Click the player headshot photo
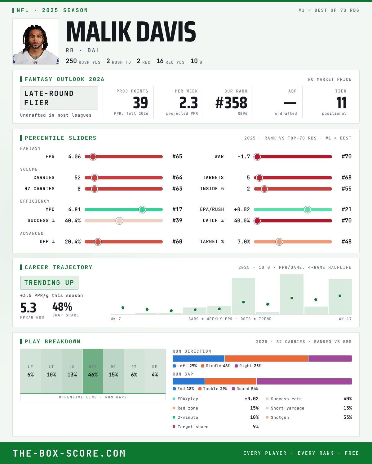pos(36,41)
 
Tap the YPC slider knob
pos(142,210)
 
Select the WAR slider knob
pos(257,157)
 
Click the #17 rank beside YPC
pos(177,209)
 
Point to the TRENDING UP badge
pos(49,283)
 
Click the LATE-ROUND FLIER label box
pos(59,98)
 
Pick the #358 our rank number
pos(231,103)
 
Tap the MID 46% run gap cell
pos(93,371)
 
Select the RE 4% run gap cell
pos(155,371)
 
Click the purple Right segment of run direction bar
pos(330,359)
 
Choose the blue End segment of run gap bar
pos(188,381)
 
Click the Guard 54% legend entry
pos(245,389)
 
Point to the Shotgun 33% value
pos(348,417)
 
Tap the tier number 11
pos(341,103)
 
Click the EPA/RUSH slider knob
pos(308,210)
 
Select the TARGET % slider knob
pos(279,242)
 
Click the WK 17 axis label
pos(345,319)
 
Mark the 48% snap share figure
pos(62,307)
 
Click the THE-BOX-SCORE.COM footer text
pos(69,453)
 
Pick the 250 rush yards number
pos(71,61)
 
